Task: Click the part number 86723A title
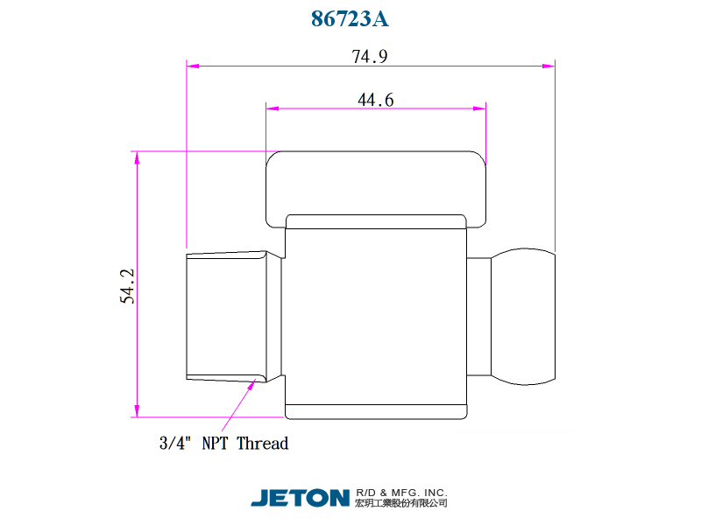[350, 18]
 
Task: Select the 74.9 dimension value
[369, 57]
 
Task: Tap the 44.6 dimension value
[376, 100]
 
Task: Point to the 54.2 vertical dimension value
[127, 286]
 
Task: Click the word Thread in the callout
[262, 444]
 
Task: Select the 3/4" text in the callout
[175, 443]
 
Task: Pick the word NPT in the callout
[215, 444]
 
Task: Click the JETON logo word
[300, 498]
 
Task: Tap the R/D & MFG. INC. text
[401, 493]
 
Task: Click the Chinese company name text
[401, 503]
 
